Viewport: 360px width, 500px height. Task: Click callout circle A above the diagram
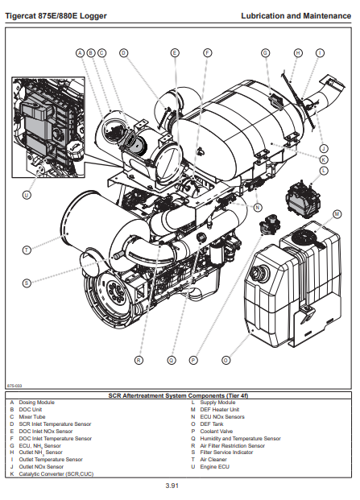pos(80,53)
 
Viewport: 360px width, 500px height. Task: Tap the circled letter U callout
pos(27,195)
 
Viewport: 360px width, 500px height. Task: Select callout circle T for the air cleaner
pos(27,250)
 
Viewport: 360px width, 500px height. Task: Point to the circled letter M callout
pos(337,214)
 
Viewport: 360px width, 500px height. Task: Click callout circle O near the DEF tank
pos(226,361)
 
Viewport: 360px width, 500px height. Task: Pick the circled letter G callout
pos(265,53)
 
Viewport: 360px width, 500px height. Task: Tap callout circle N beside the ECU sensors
pos(258,208)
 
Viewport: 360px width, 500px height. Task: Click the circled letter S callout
pos(27,283)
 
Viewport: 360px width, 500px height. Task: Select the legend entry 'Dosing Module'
pos(37,403)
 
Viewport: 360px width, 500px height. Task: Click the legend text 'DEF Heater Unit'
pos(220,410)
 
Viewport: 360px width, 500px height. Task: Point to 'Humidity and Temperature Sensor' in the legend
pos(241,439)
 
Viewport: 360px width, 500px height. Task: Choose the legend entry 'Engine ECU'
pos(214,467)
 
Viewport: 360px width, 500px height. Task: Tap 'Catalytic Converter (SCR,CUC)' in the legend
pos(56,474)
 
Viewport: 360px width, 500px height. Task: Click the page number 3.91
pos(172,486)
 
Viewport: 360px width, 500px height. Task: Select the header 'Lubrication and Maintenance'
pos(296,15)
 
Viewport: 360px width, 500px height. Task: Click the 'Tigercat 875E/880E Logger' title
pos(56,16)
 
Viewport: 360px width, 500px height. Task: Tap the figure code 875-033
pos(14,386)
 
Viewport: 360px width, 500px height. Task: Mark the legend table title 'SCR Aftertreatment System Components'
pos(178,395)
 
